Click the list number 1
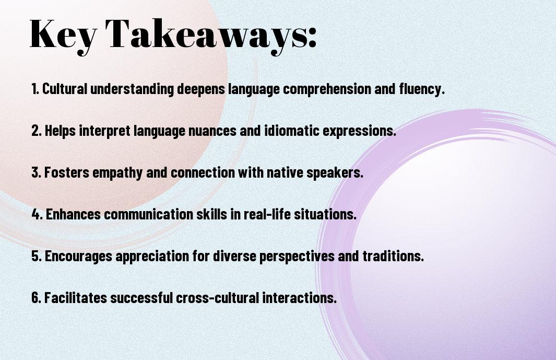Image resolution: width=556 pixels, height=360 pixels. tap(35, 89)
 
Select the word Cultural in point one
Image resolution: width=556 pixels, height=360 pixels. tap(65, 89)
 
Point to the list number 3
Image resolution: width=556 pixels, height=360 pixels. tap(37, 172)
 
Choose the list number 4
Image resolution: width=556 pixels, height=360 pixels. tap(37, 214)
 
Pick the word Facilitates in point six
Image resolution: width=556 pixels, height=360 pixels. tap(76, 298)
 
